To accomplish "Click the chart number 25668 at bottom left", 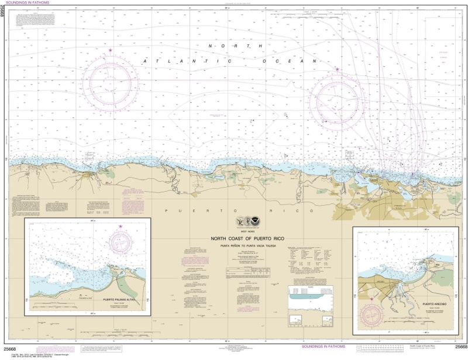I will (x=10, y=347).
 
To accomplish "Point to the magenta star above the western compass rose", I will (x=109, y=51).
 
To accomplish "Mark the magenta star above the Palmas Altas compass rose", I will (x=121, y=226).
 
